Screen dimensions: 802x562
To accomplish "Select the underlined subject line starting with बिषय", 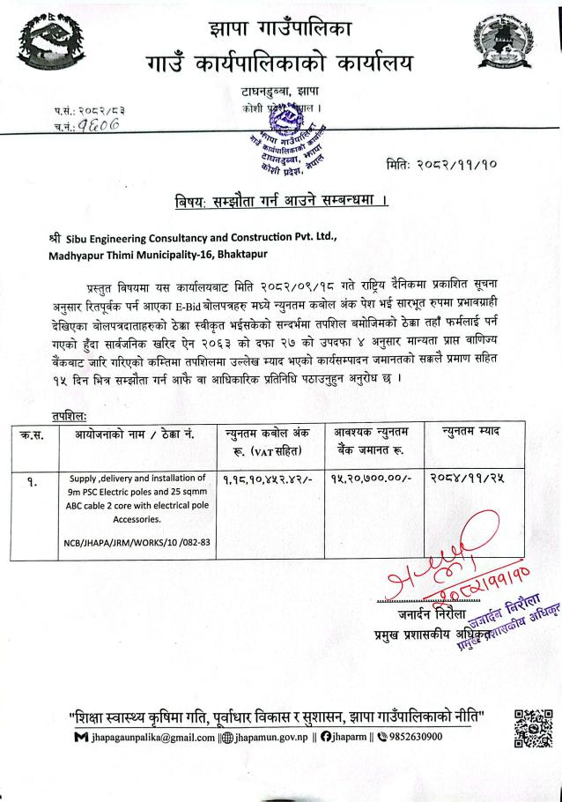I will [x=282, y=203].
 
